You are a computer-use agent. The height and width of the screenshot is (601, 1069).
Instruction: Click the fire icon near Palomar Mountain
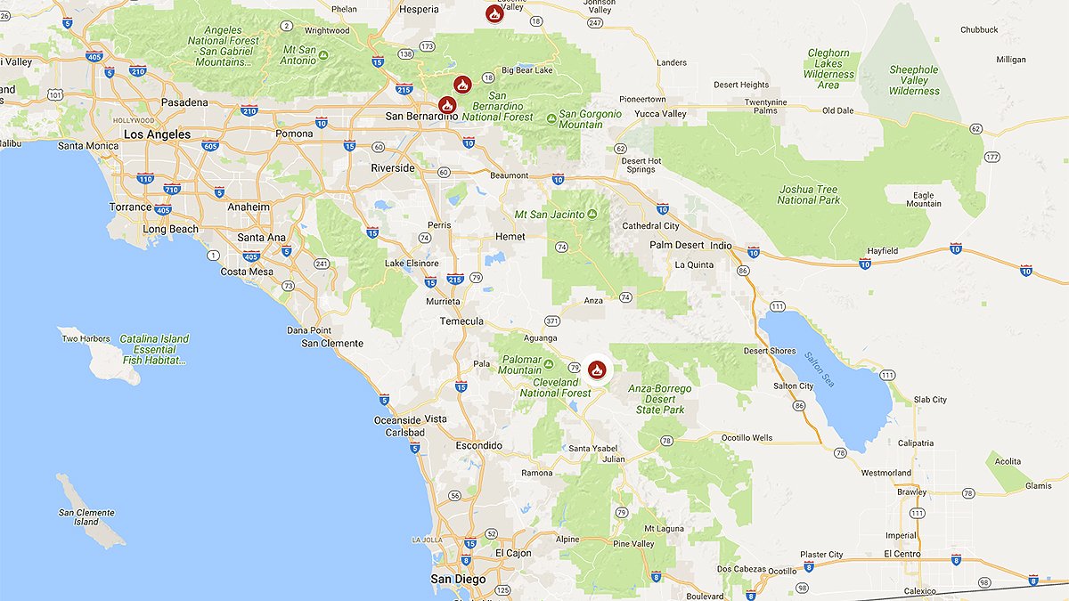coord(596,369)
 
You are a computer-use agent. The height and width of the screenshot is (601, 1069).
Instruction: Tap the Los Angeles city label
coord(157,134)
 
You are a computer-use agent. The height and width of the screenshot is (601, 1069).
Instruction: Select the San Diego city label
coord(458,580)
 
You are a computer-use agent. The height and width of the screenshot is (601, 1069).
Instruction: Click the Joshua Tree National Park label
coord(808,194)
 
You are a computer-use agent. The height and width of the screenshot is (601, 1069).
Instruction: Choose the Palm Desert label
coord(677,245)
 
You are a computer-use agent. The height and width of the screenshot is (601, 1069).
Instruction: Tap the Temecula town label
coord(461,321)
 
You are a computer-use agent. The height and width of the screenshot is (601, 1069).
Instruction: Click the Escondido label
coord(479,445)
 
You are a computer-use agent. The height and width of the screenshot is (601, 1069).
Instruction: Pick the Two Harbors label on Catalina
coord(86,339)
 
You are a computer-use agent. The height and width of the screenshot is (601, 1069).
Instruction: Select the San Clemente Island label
coord(86,516)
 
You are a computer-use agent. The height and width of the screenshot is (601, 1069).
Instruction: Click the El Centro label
coord(902,554)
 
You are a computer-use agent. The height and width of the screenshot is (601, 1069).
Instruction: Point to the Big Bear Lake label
coord(527,69)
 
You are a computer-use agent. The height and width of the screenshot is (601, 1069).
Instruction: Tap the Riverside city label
coord(393,167)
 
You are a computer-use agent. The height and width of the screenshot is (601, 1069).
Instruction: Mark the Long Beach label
coord(171,229)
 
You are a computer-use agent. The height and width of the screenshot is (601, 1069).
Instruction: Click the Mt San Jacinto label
coord(550,215)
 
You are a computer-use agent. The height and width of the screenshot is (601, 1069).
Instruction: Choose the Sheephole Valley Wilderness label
coord(913,80)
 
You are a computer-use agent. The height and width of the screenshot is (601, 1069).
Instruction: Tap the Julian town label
coord(613,459)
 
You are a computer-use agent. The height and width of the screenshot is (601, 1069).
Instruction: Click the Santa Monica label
coord(88,146)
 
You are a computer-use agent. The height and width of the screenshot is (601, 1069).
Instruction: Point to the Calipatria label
coord(916,443)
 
